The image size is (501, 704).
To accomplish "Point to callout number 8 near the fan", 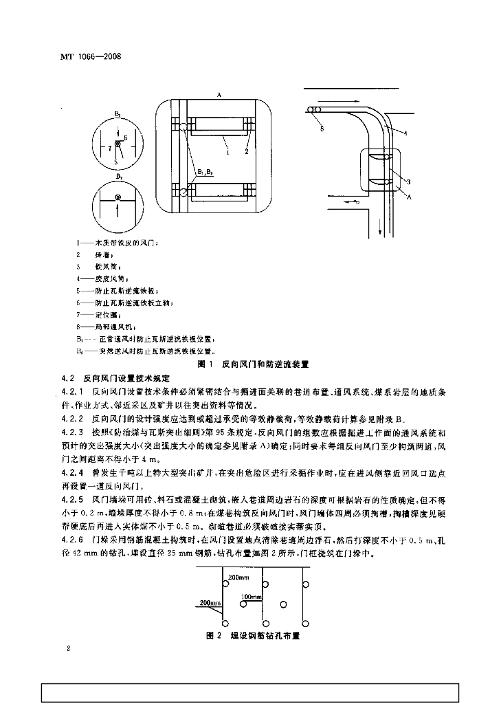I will (x=322, y=128).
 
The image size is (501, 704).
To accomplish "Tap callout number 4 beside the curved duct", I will (x=405, y=133).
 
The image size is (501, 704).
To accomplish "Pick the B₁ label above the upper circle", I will (x=118, y=112).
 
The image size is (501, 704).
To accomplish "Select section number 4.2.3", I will (x=71, y=432).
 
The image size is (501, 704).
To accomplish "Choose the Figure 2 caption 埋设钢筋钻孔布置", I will (x=254, y=636).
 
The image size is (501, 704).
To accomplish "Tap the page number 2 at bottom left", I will (x=69, y=648).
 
